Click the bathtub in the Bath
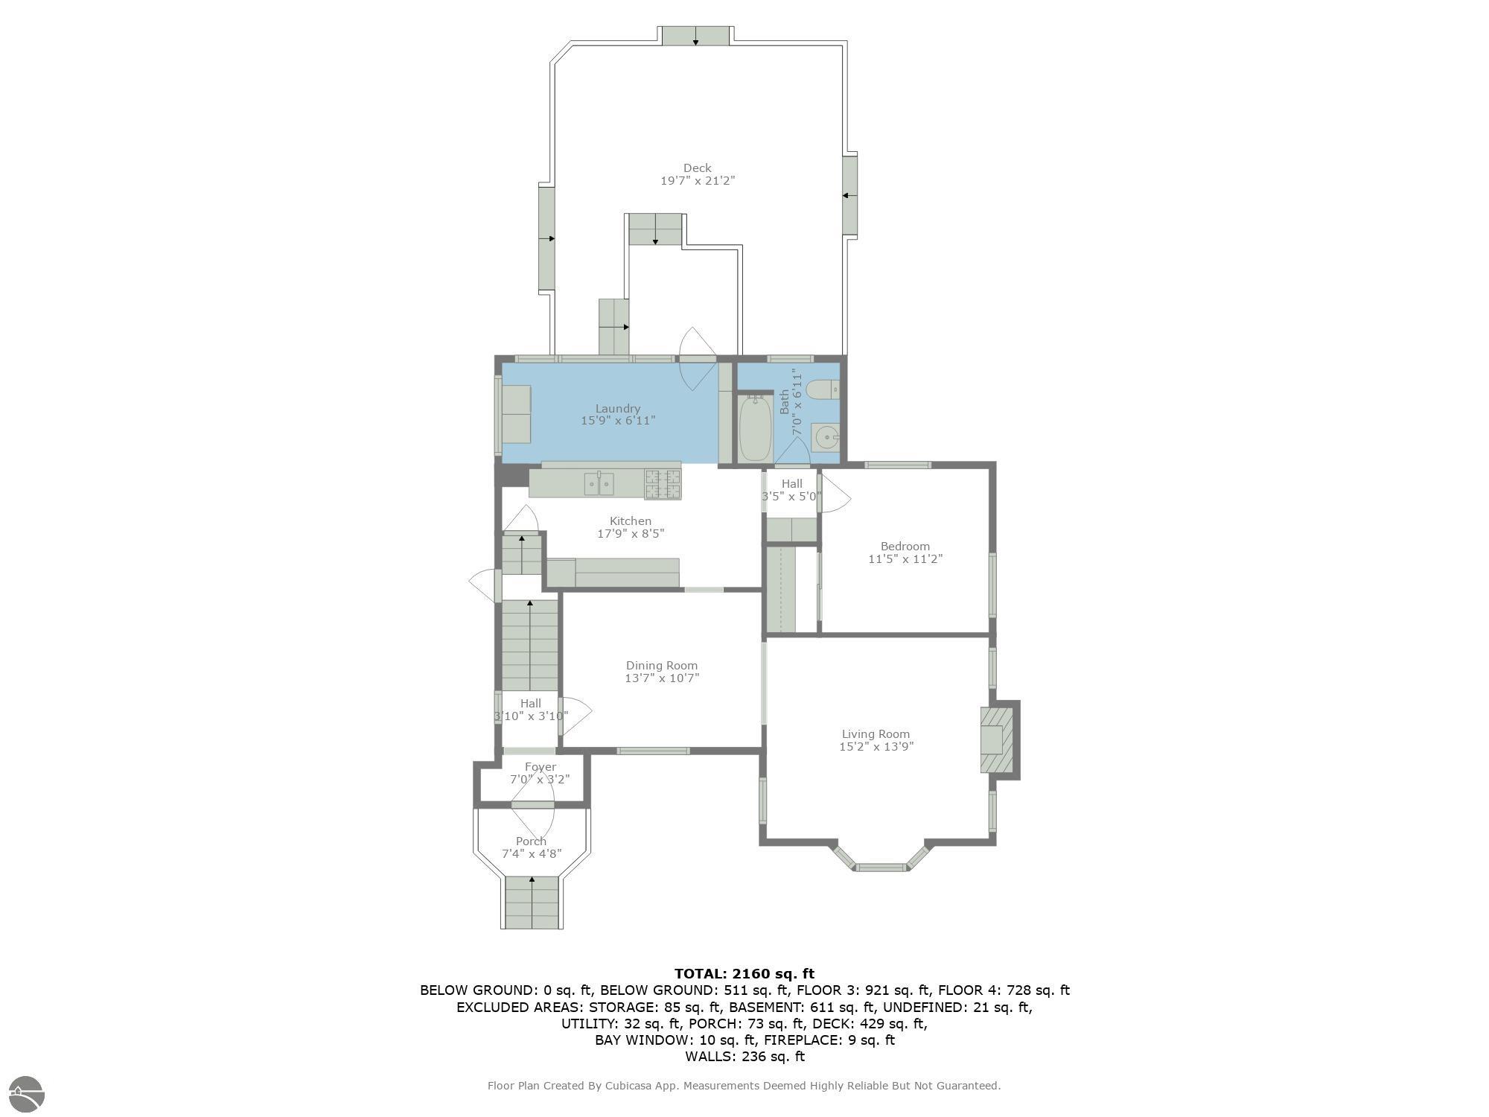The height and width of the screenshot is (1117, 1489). tap(755, 429)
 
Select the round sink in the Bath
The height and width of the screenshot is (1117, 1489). tap(826, 438)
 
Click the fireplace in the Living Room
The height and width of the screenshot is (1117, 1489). tap(996, 740)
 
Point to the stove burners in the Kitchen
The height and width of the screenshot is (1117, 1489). tap(663, 483)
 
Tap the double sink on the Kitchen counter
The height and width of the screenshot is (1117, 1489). tap(599, 484)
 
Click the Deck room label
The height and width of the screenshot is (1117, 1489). tap(698, 168)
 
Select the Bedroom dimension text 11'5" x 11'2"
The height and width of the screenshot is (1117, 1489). tap(905, 558)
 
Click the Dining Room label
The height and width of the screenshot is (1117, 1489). tap(662, 666)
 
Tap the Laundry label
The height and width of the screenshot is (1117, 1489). tap(618, 408)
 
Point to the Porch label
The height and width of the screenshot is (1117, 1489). tap(532, 841)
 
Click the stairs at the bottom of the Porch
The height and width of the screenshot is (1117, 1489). tap(532, 903)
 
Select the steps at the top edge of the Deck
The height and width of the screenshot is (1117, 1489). tap(695, 36)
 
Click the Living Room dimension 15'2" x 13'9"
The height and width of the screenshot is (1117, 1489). tap(876, 746)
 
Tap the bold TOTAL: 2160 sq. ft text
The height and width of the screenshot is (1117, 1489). tap(744, 973)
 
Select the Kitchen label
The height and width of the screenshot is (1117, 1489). tap(631, 521)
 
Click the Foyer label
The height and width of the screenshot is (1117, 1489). tap(541, 767)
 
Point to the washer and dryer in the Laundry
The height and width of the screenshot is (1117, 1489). tap(516, 414)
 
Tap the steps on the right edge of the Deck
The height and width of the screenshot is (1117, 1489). tap(850, 196)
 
